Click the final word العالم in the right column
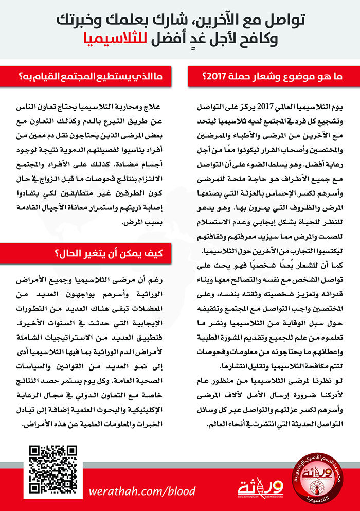tap(214, 425)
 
